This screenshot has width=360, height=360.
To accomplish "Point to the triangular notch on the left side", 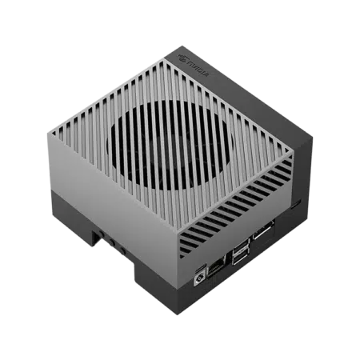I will [x=96, y=236].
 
